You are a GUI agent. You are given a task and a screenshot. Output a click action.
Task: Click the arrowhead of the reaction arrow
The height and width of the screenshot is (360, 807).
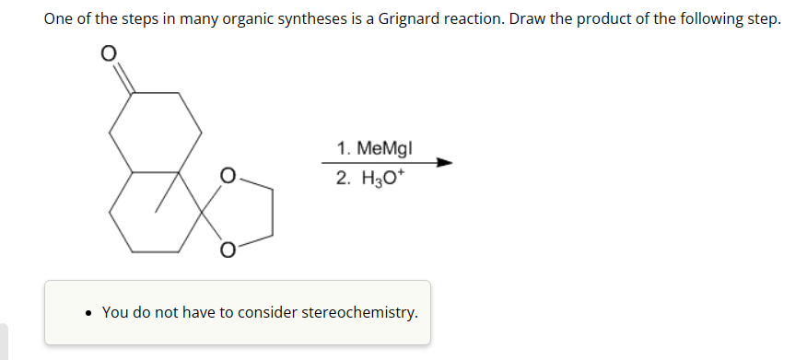pos(445,164)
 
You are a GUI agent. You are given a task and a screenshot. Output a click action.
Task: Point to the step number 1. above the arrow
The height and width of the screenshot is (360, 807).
pos(344,147)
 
